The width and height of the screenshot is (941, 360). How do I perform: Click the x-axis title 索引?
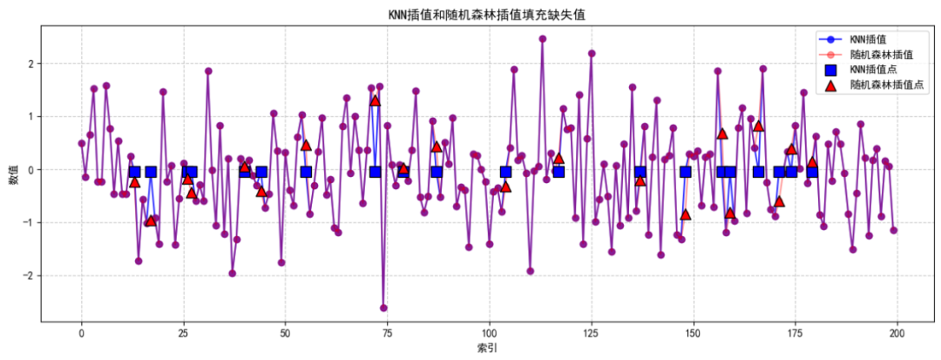[x=487, y=348]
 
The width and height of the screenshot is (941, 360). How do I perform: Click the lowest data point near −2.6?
[x=383, y=308]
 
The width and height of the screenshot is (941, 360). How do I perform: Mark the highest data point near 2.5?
[x=542, y=38]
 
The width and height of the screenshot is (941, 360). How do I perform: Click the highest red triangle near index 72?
[x=376, y=101]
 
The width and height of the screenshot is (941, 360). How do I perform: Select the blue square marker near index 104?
[x=505, y=172]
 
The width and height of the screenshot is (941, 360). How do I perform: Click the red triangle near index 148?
[x=686, y=214]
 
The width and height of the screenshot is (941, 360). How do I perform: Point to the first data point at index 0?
[x=82, y=143]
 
